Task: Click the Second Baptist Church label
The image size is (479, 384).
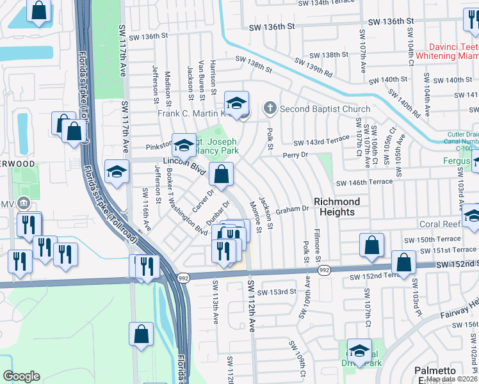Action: click(x=325, y=109)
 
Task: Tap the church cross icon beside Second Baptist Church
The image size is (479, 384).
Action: click(x=271, y=108)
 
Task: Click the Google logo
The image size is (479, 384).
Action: click(x=21, y=376)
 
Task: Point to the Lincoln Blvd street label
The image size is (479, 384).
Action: click(x=184, y=164)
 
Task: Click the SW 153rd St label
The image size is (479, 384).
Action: click(x=278, y=291)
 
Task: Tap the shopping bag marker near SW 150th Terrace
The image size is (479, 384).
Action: click(x=372, y=244)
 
